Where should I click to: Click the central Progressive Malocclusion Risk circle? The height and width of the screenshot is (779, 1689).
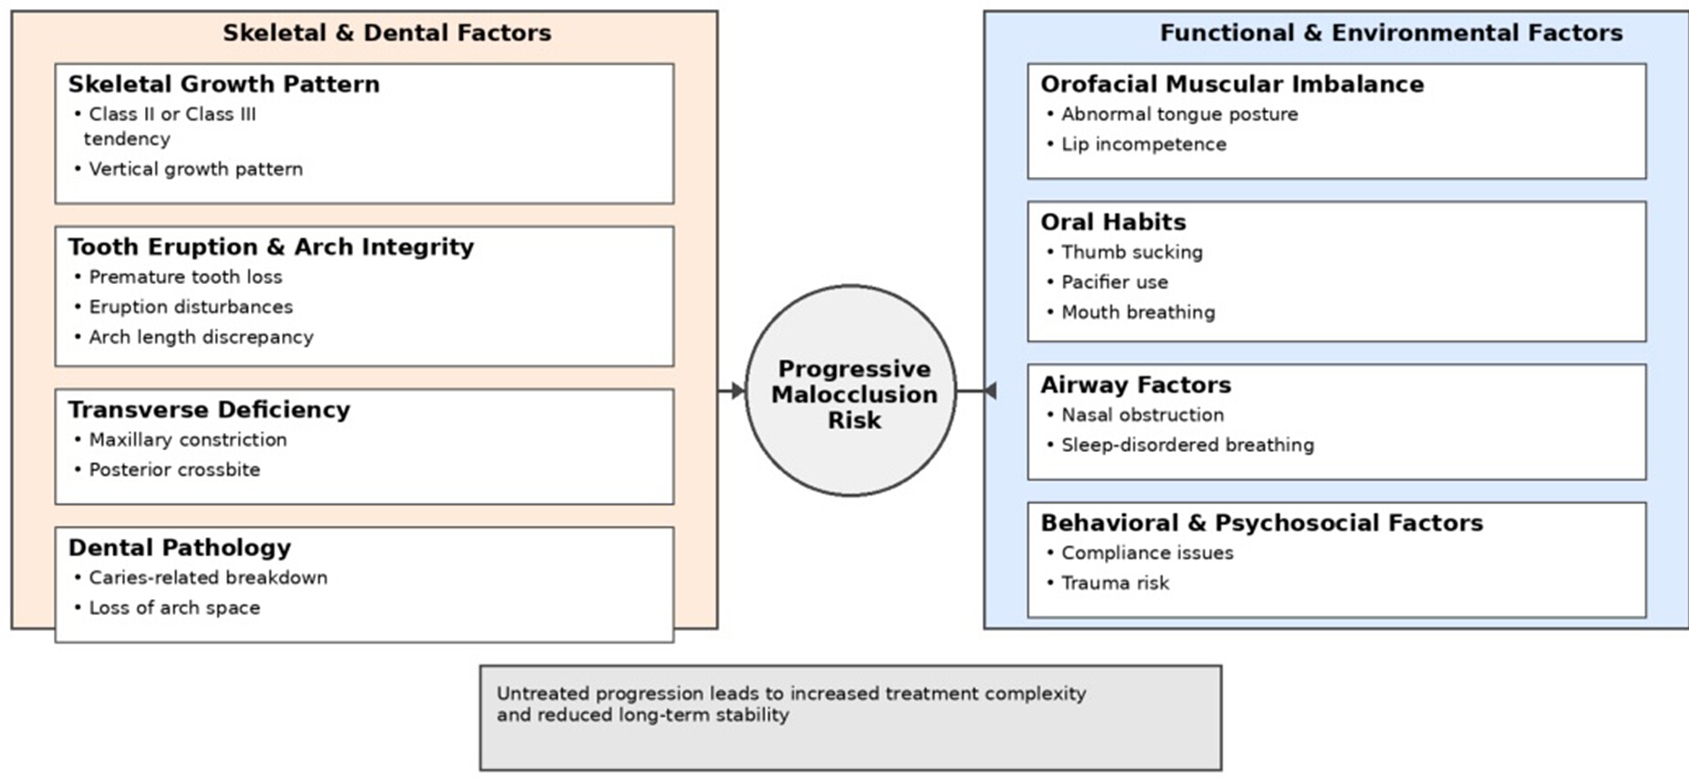(850, 391)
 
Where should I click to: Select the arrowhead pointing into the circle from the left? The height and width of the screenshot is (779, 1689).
(738, 391)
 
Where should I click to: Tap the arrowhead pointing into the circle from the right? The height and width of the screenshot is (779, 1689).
(989, 391)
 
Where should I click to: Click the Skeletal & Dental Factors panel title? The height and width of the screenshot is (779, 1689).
(387, 33)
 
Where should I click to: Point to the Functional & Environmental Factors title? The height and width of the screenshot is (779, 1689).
(1391, 33)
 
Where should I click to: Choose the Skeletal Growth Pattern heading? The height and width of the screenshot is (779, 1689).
(224, 84)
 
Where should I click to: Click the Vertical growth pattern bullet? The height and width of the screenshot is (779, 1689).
(189, 169)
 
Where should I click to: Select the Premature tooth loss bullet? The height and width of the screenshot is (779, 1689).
(179, 277)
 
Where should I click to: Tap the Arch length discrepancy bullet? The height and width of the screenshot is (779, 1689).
(194, 337)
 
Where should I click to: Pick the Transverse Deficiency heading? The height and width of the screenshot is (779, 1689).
(209, 409)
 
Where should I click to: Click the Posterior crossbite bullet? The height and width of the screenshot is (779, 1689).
(168, 469)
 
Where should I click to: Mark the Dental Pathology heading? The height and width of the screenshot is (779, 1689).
(180, 547)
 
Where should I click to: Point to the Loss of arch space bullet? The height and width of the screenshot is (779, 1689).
(168, 607)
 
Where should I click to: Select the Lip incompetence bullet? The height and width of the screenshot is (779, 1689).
(1137, 144)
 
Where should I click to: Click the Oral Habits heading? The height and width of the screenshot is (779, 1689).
(1113, 222)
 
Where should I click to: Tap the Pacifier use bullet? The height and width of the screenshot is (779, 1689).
(1108, 282)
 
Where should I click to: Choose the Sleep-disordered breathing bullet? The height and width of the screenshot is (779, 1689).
(1181, 445)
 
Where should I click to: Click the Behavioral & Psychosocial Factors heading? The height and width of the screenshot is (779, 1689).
(1262, 522)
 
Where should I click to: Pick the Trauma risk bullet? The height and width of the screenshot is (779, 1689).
(1109, 583)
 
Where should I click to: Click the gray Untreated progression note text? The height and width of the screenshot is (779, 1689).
(791, 704)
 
